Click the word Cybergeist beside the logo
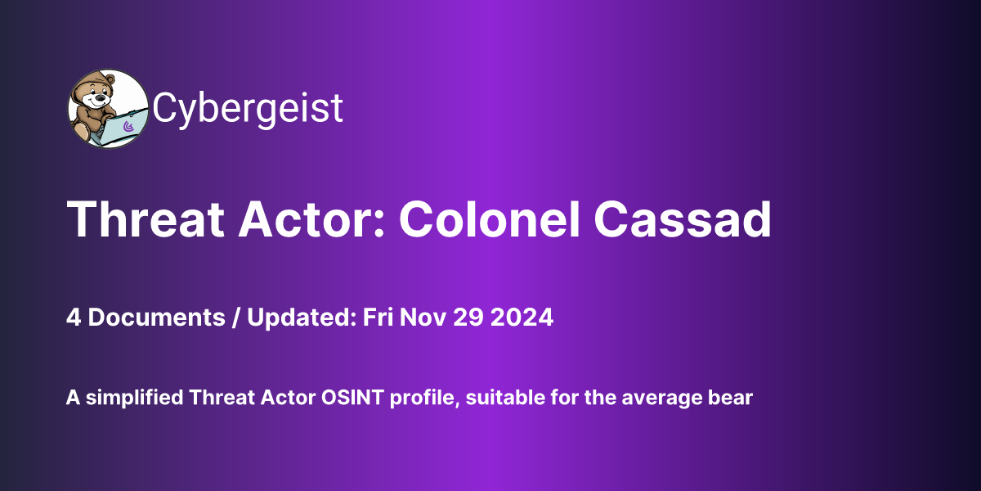pos(248,108)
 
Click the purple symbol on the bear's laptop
pos(128,127)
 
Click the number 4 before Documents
pos(73,318)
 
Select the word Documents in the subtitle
pos(155,318)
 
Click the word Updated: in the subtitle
pos(298,318)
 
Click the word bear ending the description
pos(732,399)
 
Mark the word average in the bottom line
pos(671,399)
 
